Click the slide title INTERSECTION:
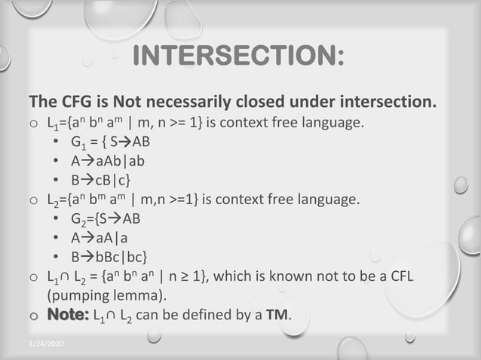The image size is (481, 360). click(238, 56)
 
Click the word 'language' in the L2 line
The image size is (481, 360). click(323, 200)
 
